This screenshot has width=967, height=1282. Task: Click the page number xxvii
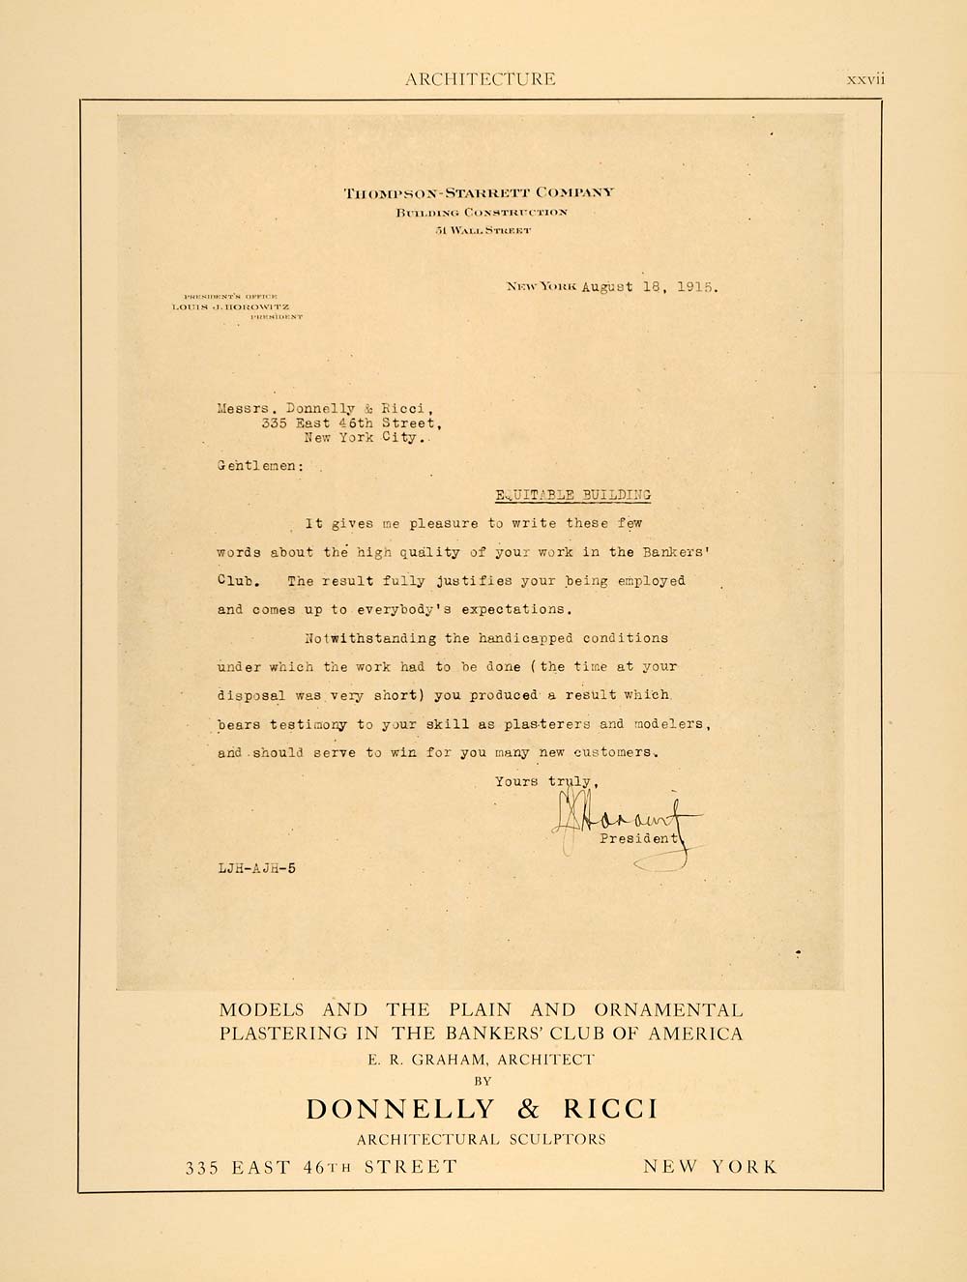865,79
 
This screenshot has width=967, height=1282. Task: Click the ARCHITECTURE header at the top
481,79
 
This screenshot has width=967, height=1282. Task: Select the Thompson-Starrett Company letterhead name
478,192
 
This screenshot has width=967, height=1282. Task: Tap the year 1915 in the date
695,287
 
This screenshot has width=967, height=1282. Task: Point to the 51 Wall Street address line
483,230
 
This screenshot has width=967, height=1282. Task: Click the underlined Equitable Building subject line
573,495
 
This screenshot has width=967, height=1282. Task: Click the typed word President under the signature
639,839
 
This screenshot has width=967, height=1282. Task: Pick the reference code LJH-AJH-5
256,868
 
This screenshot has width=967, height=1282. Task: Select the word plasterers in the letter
542,724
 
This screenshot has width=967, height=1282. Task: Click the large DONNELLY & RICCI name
482,1109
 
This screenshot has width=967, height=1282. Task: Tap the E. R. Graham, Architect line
481,1060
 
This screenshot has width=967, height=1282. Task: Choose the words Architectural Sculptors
481,1139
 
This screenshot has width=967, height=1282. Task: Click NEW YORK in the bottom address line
710,1167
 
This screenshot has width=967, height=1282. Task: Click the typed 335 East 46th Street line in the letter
343,422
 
